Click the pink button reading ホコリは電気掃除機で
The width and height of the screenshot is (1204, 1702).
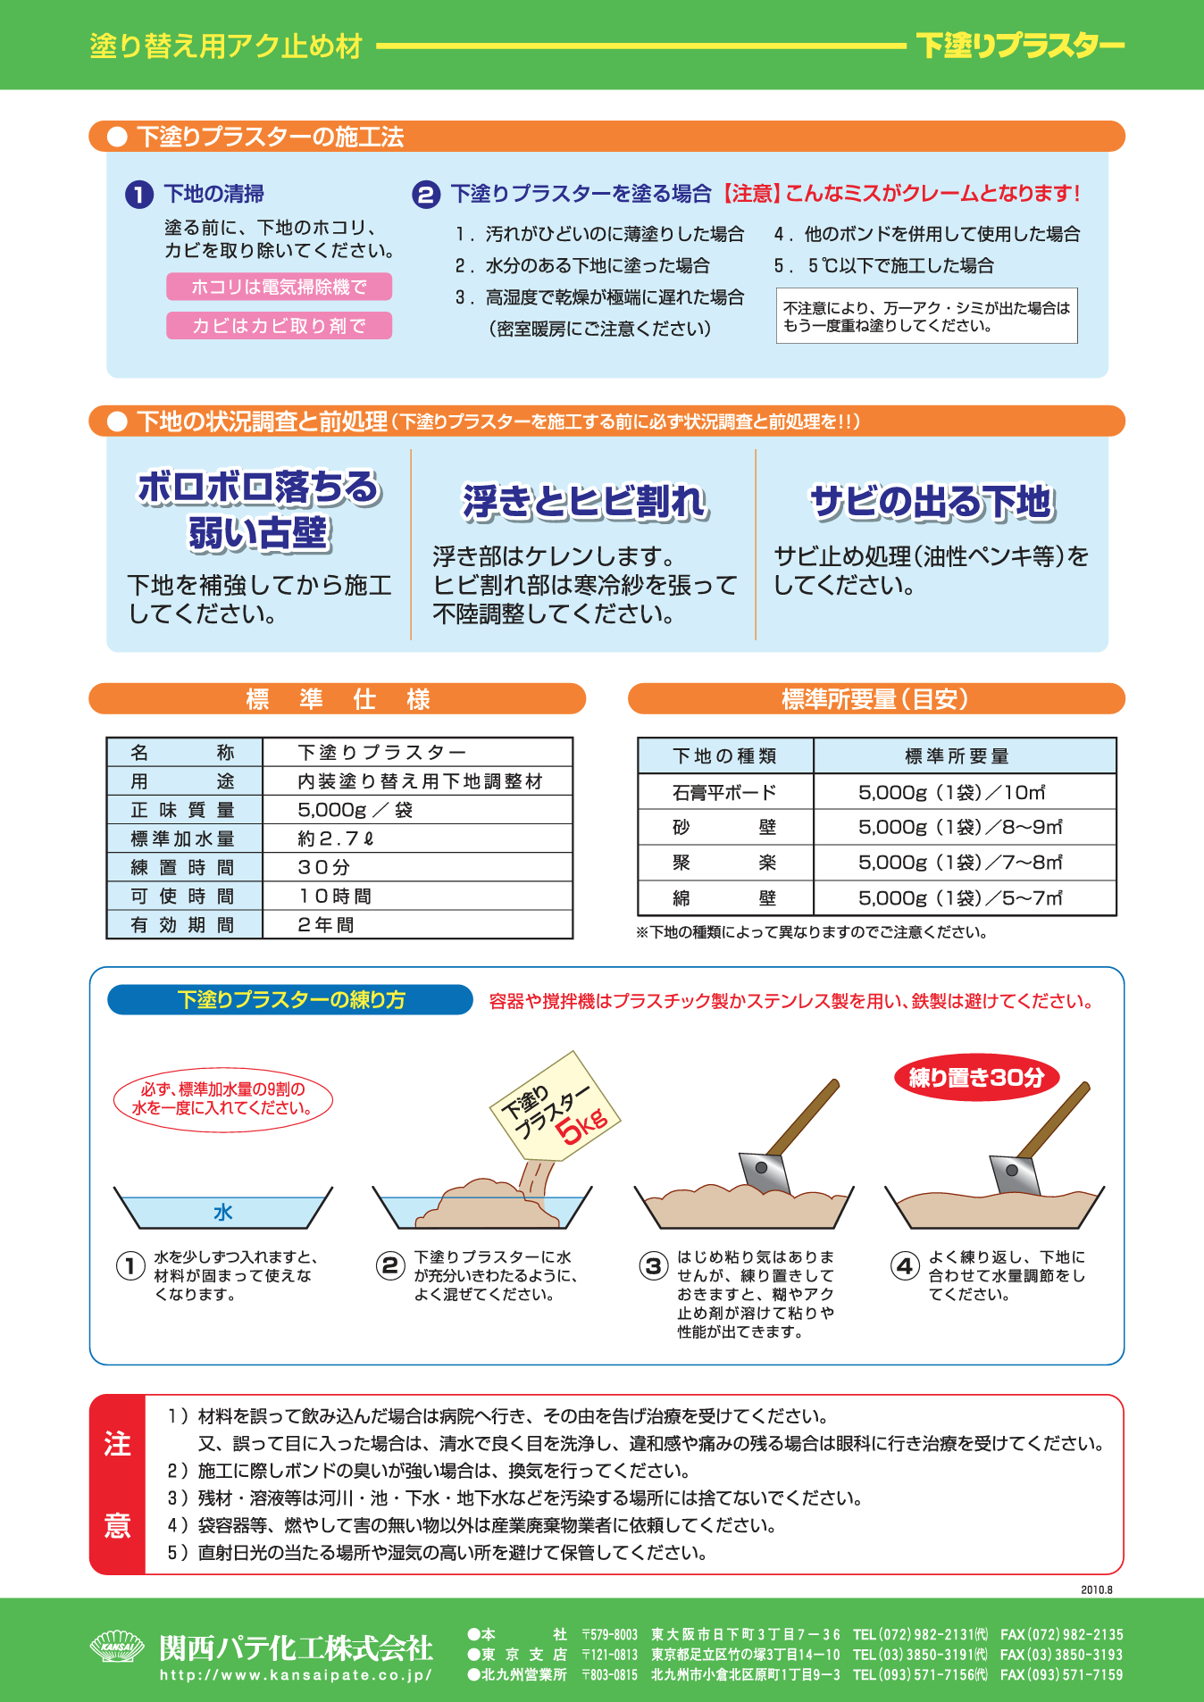click(279, 287)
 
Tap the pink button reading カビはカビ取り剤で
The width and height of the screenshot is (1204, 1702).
click(279, 326)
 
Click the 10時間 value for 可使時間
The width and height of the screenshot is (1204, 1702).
click(334, 896)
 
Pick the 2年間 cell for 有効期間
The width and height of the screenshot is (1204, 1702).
click(325, 924)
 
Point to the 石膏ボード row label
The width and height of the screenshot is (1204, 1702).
click(724, 792)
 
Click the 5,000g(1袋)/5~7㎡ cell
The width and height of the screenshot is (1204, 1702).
click(960, 898)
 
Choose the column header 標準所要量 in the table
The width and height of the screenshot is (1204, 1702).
click(957, 756)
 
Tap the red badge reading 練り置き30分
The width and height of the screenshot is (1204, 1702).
click(976, 1077)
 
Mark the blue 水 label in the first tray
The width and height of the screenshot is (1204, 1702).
click(223, 1212)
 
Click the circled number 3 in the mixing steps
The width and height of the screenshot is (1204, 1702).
click(653, 1266)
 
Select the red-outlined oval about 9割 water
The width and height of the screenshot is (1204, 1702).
click(223, 1098)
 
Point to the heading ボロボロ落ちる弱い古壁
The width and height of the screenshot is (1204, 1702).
click(259, 510)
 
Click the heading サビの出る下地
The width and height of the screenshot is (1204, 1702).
click(932, 502)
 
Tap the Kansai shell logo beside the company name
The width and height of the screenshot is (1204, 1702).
click(117, 1647)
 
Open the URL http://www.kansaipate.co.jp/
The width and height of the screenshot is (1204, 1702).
click(296, 1675)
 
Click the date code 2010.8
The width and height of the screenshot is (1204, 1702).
click(1096, 1589)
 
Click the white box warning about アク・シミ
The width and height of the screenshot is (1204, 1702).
click(926, 316)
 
